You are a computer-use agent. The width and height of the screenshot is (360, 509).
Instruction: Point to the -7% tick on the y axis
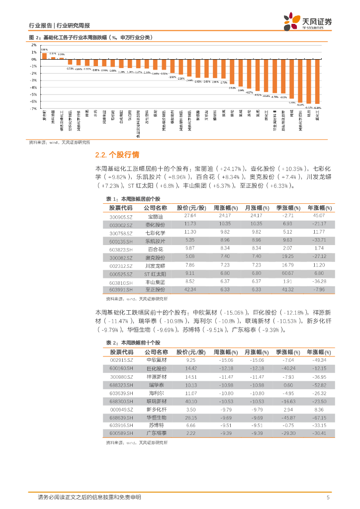click(x=34, y=108)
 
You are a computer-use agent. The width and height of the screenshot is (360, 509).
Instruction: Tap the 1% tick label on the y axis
click(x=34, y=52)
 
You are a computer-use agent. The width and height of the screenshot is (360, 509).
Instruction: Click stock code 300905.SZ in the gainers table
click(x=121, y=216)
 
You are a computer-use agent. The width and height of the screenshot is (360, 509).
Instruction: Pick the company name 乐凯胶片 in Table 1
click(x=155, y=241)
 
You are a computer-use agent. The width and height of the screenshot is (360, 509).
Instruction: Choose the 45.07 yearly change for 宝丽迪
click(x=319, y=216)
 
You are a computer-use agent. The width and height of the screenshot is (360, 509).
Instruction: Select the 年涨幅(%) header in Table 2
click(x=319, y=351)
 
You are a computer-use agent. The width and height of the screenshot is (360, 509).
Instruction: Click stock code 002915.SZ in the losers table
click(x=121, y=360)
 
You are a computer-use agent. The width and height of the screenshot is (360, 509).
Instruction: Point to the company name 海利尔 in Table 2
click(x=155, y=393)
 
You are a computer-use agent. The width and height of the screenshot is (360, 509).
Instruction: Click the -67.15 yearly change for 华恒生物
click(x=319, y=417)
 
